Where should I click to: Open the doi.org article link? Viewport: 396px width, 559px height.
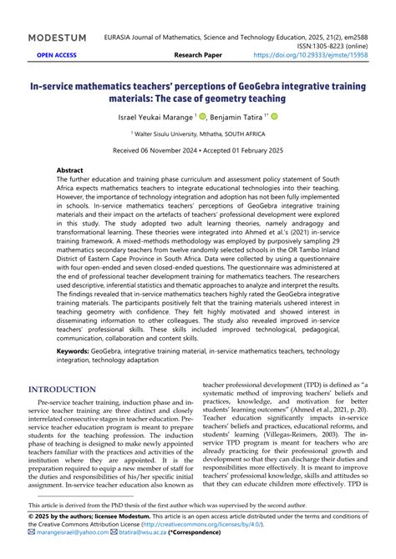[323, 55]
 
